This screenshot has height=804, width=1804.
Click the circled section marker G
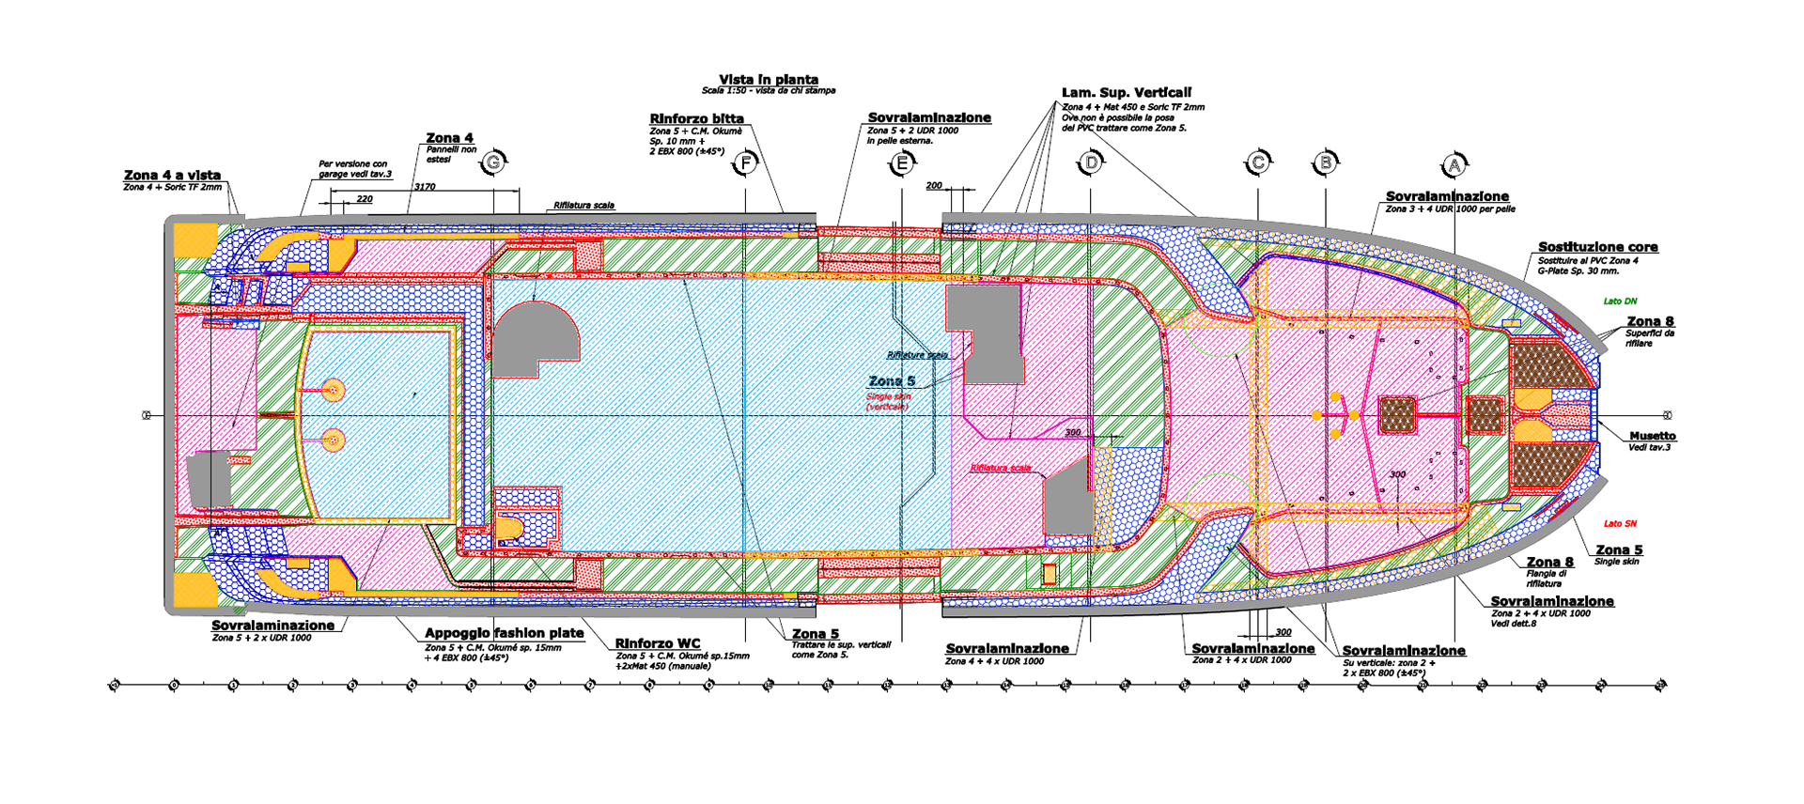[493, 163]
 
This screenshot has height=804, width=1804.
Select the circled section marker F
[745, 163]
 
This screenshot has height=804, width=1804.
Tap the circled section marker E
[901, 164]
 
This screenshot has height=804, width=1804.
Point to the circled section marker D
[1090, 163]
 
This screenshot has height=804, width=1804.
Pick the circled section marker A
[1454, 165]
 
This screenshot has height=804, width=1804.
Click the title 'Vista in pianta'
[769, 80]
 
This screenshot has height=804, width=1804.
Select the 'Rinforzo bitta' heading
[696, 118]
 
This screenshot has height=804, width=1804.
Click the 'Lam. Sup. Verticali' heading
[1126, 92]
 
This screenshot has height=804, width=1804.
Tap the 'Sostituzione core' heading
[1597, 247]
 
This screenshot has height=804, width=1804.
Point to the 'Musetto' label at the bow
[1652, 436]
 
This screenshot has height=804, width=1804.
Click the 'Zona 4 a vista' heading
[172, 175]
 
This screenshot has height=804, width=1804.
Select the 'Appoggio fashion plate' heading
[504, 633]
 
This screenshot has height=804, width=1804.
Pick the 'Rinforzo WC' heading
[658, 643]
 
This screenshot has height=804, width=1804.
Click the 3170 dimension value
[425, 187]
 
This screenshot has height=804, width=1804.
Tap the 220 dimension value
[364, 199]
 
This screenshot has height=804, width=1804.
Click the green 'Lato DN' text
[1620, 301]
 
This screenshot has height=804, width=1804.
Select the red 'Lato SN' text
[1620, 523]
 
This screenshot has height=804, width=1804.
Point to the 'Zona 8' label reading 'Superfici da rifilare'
[1650, 322]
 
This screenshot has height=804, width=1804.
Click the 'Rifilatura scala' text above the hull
[583, 205]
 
